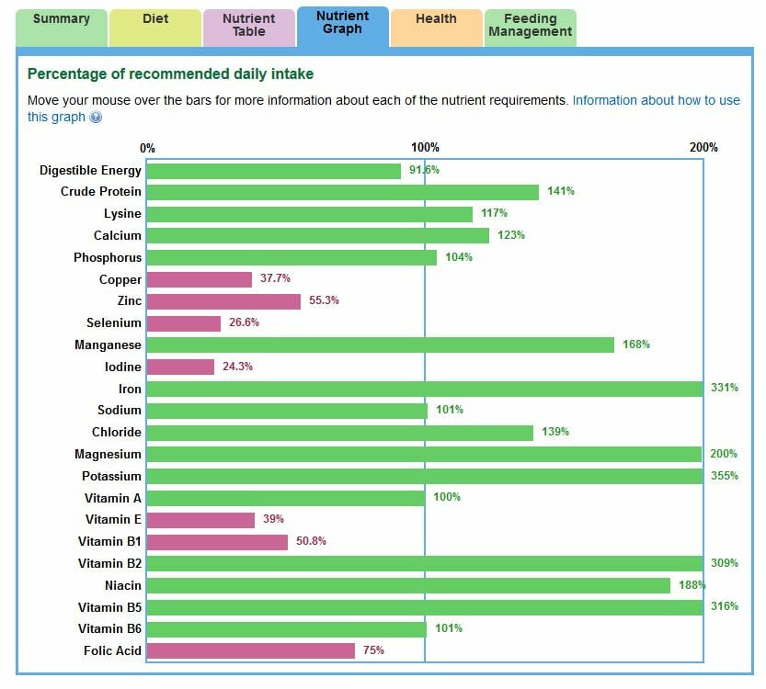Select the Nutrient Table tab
(x=248, y=25)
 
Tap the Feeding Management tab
(x=530, y=25)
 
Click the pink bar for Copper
(x=199, y=279)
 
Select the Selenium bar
(x=184, y=323)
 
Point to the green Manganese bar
(x=380, y=344)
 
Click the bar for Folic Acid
(x=250, y=650)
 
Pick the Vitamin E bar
(x=200, y=520)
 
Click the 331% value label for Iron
(x=724, y=388)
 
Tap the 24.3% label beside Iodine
(x=237, y=367)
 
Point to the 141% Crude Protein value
(x=561, y=191)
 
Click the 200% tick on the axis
(x=703, y=148)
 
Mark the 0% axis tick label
(x=147, y=148)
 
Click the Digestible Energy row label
(x=90, y=170)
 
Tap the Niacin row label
(x=123, y=585)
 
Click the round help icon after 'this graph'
(x=96, y=118)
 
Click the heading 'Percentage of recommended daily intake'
(x=170, y=73)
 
